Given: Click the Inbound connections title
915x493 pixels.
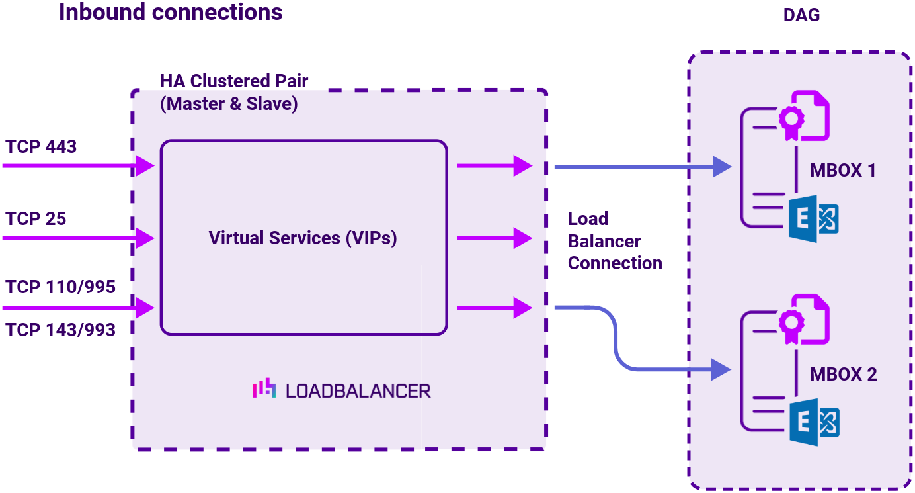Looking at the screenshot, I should pos(171,12).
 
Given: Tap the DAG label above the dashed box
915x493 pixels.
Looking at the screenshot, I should pos(801,15).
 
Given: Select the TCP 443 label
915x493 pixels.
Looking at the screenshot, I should pos(41,147).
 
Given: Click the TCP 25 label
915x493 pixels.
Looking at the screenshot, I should pos(36,219).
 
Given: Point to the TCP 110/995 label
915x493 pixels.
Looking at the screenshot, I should pos(61,287).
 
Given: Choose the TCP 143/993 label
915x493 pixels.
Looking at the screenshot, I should pos(61,330).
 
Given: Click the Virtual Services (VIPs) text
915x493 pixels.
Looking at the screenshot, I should pos(303,238).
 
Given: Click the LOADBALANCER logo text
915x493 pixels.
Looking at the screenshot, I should pos(358,391).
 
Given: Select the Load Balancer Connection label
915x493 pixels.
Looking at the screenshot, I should pos(614,242).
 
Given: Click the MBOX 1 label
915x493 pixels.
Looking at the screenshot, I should pos(843,171).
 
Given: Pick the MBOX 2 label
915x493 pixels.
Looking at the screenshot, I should pos(843,375).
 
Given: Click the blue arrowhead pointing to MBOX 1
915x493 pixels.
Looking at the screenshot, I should pos(721,167).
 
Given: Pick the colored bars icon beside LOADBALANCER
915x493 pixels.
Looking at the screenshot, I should pos(264,389).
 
